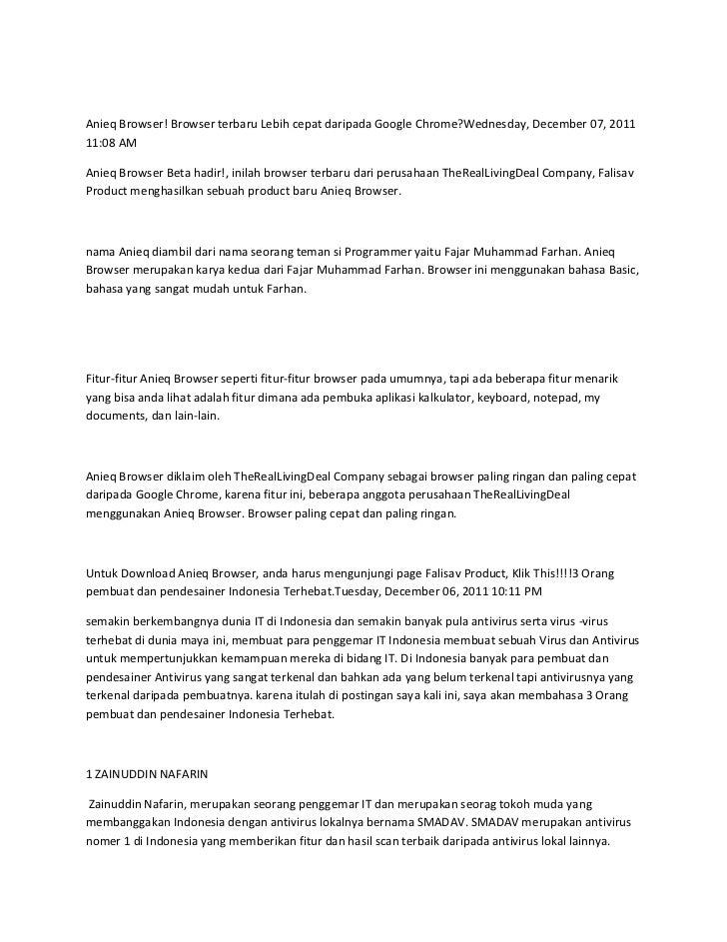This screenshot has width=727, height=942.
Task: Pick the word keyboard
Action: click(x=507, y=398)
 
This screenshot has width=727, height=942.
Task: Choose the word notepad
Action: click(x=562, y=398)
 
